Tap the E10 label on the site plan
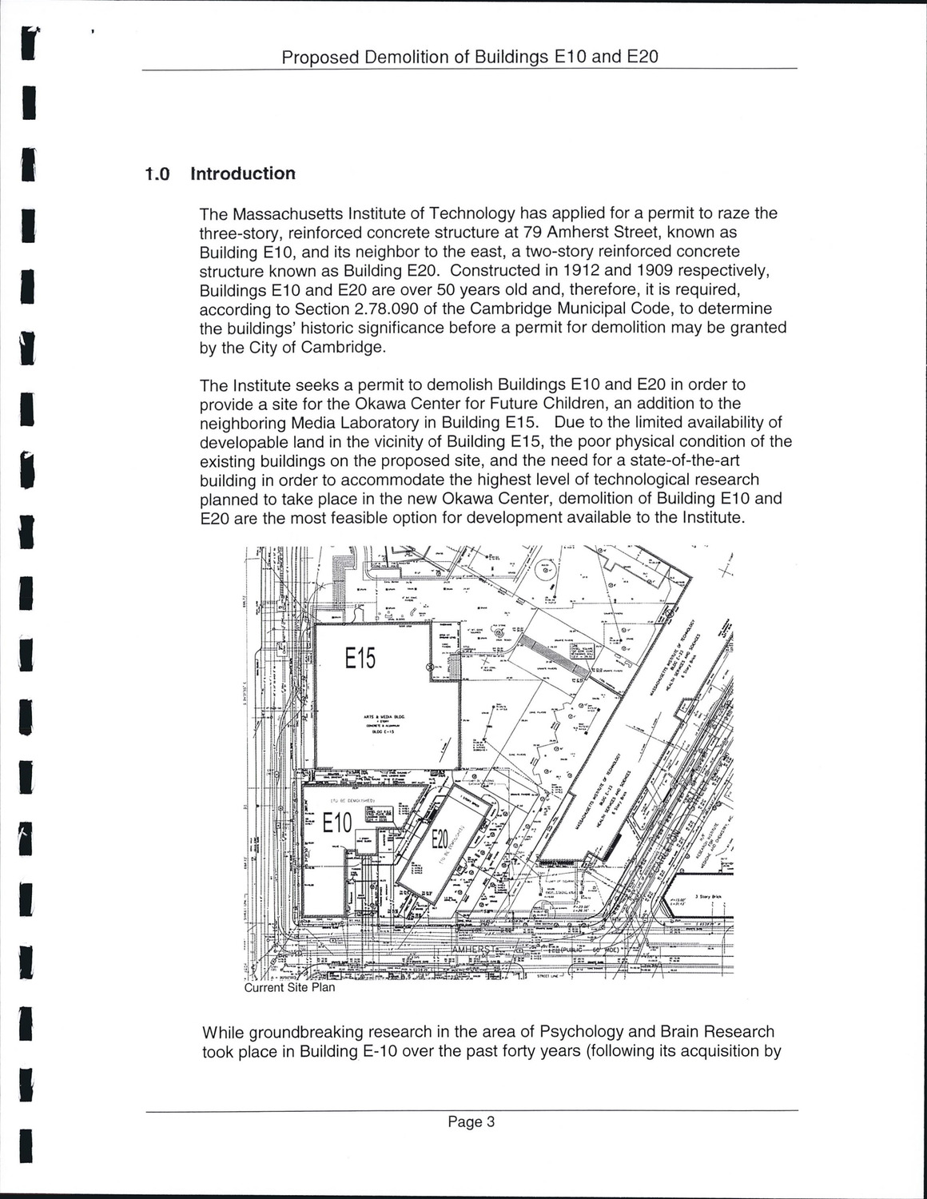337,823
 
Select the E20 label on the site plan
440,840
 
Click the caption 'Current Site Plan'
289,987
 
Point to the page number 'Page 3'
471,1121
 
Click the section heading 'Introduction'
243,173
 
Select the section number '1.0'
157,174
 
